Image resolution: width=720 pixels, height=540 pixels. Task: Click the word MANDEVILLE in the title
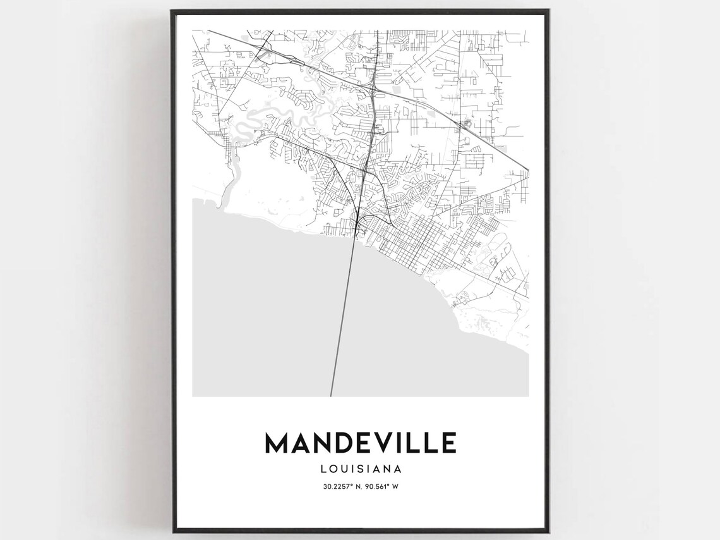(360, 443)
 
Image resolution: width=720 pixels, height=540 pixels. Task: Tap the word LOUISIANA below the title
(361, 469)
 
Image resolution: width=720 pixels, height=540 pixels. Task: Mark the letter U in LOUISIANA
(345, 469)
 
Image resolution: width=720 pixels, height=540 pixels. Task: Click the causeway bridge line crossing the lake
(342, 316)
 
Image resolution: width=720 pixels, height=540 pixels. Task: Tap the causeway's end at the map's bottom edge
(330, 395)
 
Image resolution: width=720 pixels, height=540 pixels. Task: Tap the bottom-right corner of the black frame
(549, 531)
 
